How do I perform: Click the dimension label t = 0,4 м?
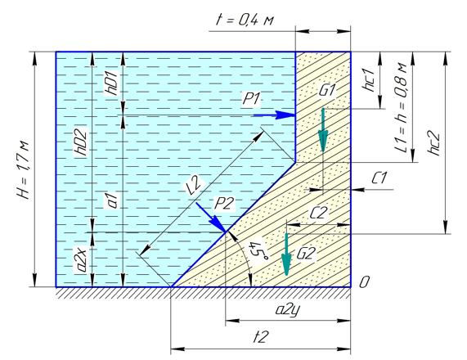point(245,20)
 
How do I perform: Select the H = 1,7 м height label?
point(24,170)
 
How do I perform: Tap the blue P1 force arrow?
point(274,115)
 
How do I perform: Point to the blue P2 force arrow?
point(211,217)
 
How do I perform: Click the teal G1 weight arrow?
point(323,130)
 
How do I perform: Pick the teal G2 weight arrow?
point(286,254)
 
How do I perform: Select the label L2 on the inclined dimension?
point(194,187)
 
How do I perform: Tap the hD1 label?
point(112,83)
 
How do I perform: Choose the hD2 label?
point(81,142)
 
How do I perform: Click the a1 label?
point(113,200)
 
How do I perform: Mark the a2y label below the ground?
point(287,311)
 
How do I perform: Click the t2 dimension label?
point(261,337)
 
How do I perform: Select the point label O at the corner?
point(364,282)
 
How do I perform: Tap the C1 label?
point(379,178)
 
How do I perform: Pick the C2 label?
point(318,213)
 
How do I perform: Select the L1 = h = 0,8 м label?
point(402,107)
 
